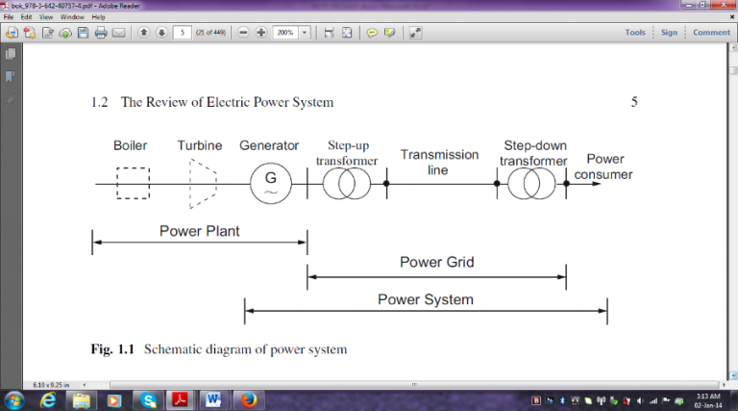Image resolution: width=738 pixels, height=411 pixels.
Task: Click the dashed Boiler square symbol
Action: [x=132, y=183]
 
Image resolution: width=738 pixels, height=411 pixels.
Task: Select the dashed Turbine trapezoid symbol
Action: [x=202, y=183]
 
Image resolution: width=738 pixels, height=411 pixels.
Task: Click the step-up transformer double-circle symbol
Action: [x=346, y=183]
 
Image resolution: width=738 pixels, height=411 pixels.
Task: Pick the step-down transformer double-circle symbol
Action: [x=531, y=183]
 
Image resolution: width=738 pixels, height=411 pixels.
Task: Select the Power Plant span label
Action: [x=200, y=231]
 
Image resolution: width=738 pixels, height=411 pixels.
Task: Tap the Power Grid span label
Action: [x=436, y=262]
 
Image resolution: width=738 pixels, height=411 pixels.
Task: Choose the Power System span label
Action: [x=426, y=299]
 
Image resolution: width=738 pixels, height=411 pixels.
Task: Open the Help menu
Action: [x=99, y=17]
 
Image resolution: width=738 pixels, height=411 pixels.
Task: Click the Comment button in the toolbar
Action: [x=711, y=33]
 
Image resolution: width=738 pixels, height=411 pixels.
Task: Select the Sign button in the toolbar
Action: [x=669, y=33]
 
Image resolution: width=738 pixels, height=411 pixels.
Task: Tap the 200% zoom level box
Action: [x=285, y=33]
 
